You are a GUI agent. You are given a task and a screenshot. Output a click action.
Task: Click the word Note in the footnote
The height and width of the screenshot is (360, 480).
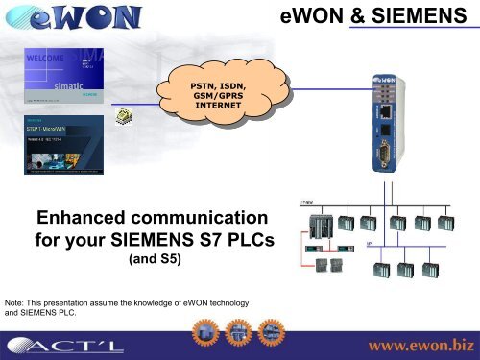(16, 303)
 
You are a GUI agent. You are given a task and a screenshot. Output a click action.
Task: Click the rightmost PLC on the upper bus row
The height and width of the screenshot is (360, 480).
(447, 228)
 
